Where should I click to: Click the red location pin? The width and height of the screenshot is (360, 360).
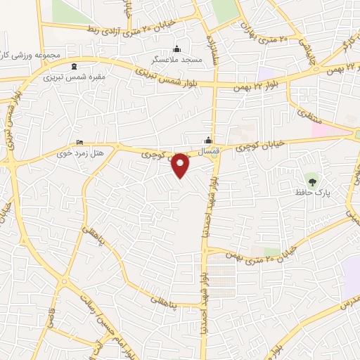pyautogui.click(x=181, y=165)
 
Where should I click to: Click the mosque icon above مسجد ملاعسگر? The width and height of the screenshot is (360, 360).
pyautogui.click(x=176, y=49)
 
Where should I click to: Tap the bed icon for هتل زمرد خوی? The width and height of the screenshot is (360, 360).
pyautogui.click(x=79, y=141)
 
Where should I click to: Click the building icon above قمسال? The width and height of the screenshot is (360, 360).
pyautogui.click(x=207, y=139)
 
